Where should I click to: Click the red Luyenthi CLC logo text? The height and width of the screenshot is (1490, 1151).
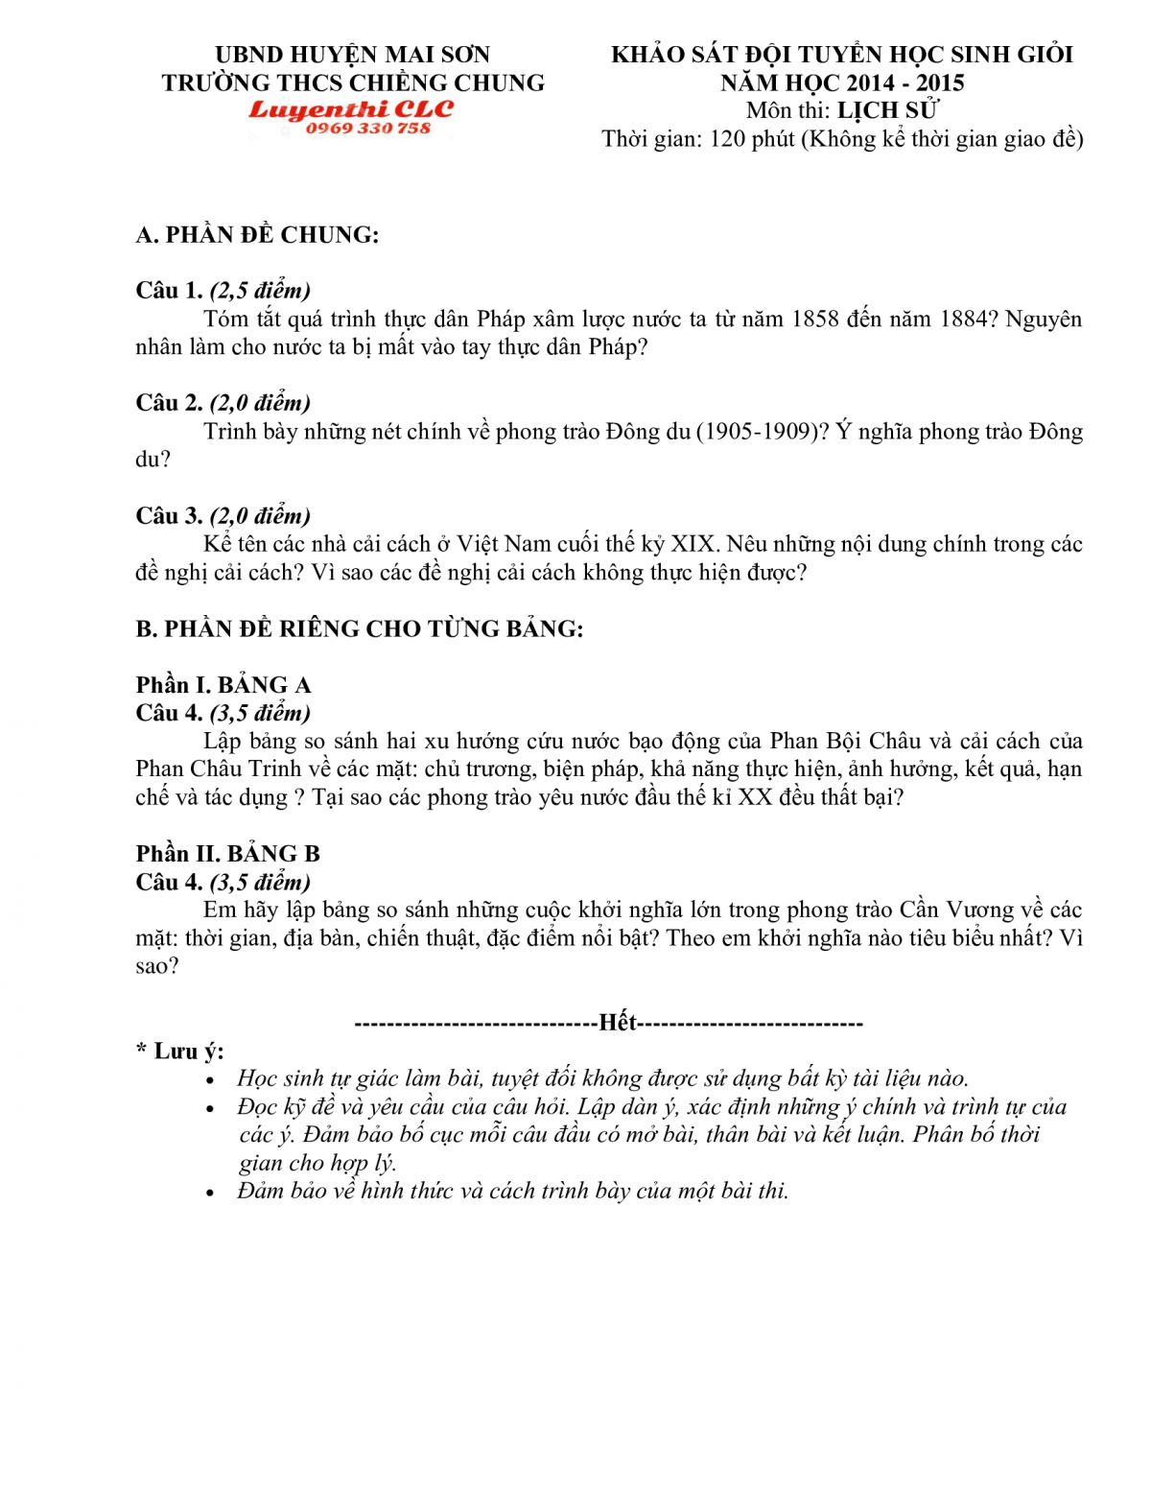point(351,109)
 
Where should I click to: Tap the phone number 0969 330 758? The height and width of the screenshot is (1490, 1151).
point(368,129)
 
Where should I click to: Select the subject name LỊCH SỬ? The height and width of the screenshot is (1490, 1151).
point(887,110)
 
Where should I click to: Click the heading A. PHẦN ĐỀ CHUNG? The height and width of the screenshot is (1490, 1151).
point(257,235)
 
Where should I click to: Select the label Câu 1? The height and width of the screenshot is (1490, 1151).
point(169,291)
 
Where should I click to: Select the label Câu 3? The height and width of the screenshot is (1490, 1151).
point(169,516)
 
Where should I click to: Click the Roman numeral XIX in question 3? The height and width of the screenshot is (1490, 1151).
point(693,544)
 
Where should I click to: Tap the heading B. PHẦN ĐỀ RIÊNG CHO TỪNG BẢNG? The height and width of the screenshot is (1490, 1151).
point(360,629)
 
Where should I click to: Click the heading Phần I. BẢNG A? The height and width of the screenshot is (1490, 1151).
point(223,685)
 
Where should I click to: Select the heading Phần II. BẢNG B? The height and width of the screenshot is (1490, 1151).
point(228,854)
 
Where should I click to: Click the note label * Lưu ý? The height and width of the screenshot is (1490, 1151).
point(180,1052)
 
